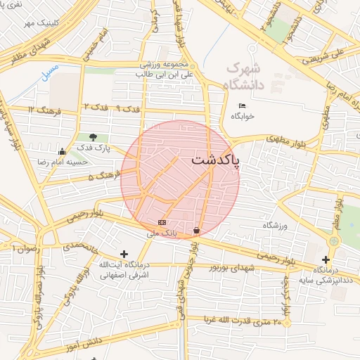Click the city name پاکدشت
point(214,160)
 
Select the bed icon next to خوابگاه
point(243,105)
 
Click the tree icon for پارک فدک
point(94,136)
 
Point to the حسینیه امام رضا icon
point(62,150)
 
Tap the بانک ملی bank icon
point(162,222)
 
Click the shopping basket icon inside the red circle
point(195,231)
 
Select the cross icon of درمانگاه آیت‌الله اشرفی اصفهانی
point(124,253)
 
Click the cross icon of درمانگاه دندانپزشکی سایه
point(326,259)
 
